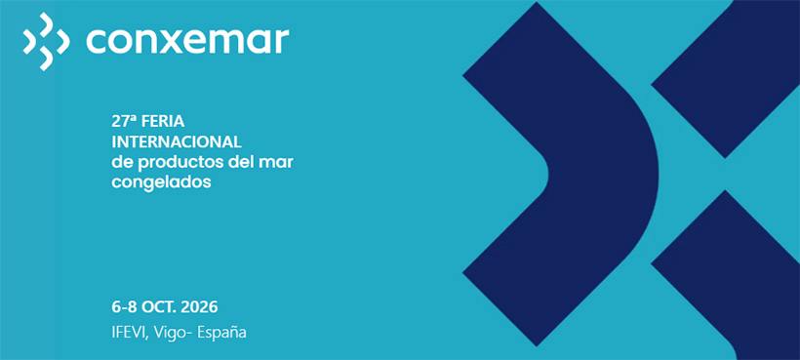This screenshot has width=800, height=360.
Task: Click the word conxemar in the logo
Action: [x=187, y=41]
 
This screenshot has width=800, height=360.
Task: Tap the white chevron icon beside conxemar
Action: [x=46, y=41]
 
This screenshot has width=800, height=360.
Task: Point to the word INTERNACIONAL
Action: [x=176, y=141]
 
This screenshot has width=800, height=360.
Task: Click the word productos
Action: [x=177, y=162]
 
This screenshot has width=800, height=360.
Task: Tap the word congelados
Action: [x=161, y=182]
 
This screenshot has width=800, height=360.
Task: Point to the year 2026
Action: [x=199, y=307]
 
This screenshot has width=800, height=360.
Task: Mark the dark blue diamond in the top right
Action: [x=726, y=79]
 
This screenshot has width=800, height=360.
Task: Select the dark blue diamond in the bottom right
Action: [x=727, y=270]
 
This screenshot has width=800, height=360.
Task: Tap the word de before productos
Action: [x=123, y=162]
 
